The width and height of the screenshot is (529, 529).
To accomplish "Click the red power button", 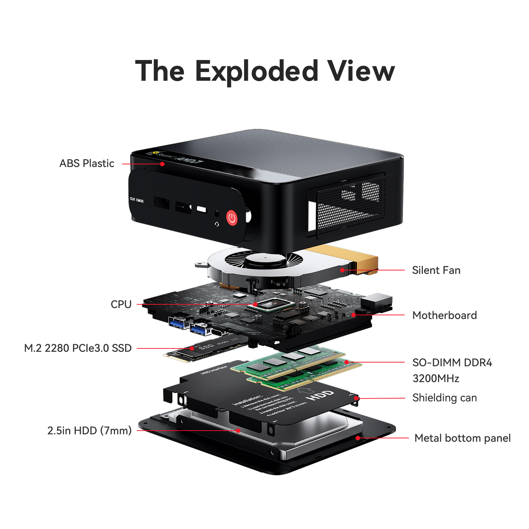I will click(x=232, y=218).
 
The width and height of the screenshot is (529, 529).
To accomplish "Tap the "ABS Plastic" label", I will click(x=87, y=163).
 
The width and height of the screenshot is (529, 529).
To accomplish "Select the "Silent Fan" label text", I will click(x=436, y=270).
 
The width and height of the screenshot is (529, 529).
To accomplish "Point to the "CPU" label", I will click(x=121, y=304).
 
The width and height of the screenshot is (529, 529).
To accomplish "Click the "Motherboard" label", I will click(x=444, y=315).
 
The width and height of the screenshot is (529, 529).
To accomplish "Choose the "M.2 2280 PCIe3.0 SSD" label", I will click(x=78, y=348).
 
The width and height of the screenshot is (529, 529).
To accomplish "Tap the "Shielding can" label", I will click(x=444, y=398).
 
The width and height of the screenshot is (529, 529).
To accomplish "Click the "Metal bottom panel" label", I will click(x=462, y=438).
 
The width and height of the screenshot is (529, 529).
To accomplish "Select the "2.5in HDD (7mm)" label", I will click(x=90, y=430).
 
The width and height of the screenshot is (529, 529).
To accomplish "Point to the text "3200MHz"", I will click(x=436, y=378).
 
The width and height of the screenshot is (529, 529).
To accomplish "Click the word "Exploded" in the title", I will click(x=256, y=72).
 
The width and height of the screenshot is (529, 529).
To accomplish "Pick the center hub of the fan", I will click(x=265, y=261).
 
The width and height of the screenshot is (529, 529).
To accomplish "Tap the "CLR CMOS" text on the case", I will click(x=137, y=200).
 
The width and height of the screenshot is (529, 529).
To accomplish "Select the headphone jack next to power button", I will click(x=217, y=214).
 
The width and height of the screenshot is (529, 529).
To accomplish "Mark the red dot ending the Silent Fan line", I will click(x=342, y=270).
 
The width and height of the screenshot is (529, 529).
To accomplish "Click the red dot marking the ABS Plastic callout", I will click(x=162, y=164).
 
